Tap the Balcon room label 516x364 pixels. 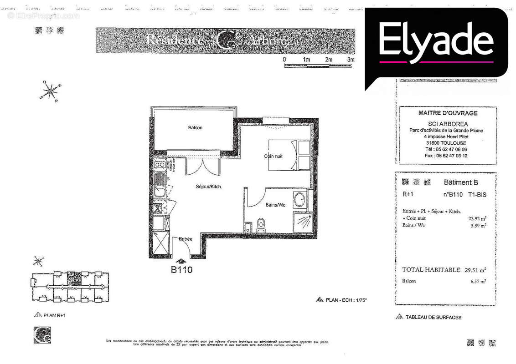(x=195, y=128)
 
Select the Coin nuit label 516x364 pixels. (x=273, y=156)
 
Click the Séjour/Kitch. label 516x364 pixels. (x=209, y=187)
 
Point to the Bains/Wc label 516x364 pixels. (x=275, y=205)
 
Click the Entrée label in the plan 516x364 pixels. (x=186, y=239)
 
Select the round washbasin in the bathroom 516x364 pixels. (x=300, y=200)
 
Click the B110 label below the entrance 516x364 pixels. (x=181, y=270)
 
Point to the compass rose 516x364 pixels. (x=51, y=91)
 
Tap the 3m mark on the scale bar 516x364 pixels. (x=351, y=60)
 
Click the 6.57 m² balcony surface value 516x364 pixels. (x=478, y=281)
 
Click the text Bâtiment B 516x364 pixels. (x=460, y=182)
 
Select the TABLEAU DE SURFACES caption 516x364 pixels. (x=433, y=317)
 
